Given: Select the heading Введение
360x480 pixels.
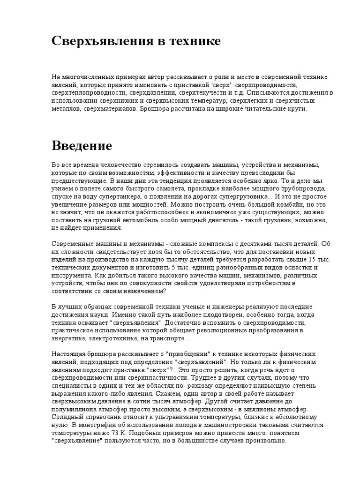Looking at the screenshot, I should [x=82, y=145].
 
